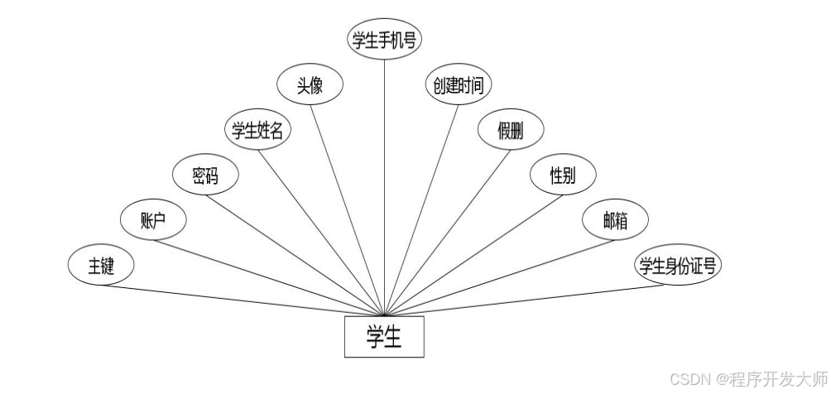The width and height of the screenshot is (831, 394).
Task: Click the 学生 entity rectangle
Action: coord(384,337)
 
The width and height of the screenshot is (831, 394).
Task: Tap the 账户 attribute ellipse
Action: coord(153,220)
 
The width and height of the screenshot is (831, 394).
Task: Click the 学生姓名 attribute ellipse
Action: coord(258,131)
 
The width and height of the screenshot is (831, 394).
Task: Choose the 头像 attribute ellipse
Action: coord(310,86)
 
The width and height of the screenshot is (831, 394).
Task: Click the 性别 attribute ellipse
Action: coord(562,175)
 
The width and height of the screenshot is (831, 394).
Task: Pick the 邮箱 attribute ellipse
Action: coord(614,220)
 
